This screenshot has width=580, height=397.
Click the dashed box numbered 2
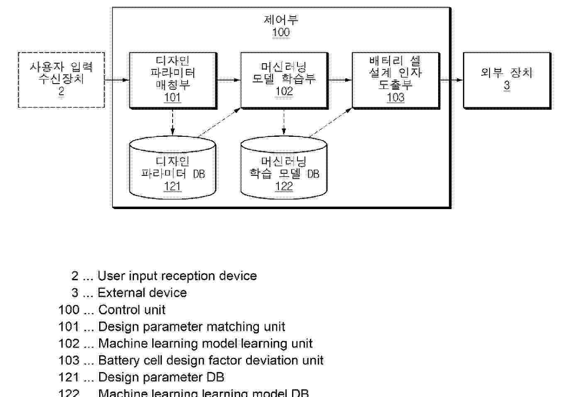pyautogui.click(x=61, y=80)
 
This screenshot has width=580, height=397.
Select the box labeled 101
pyautogui.click(x=173, y=80)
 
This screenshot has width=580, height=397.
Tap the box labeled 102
pyautogui.click(x=284, y=80)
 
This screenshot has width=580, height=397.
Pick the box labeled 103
pyautogui.click(x=395, y=80)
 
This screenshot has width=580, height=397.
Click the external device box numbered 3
pyautogui.click(x=507, y=80)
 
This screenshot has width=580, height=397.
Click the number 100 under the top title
pyautogui.click(x=281, y=32)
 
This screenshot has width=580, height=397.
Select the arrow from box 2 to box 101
pyautogui.click(x=117, y=80)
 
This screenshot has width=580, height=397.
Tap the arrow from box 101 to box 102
pyautogui.click(x=229, y=80)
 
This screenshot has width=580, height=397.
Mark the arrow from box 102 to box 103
pyautogui.click(x=340, y=80)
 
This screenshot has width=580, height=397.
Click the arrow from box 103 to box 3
pyautogui.click(x=451, y=80)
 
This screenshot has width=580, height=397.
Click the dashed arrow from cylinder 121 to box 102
pyautogui.click(x=219, y=123)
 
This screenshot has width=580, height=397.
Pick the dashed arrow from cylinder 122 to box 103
pyautogui.click(x=331, y=123)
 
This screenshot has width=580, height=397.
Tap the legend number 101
pyautogui.click(x=69, y=327)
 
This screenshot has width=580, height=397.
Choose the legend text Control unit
pyautogui.click(x=132, y=310)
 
